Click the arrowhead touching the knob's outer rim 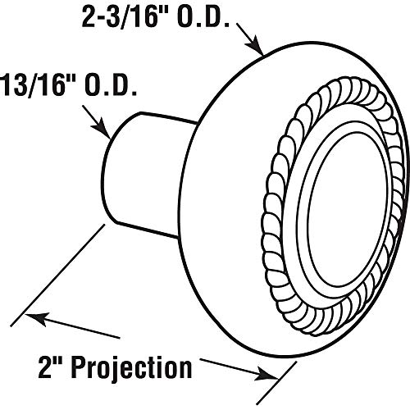255,45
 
